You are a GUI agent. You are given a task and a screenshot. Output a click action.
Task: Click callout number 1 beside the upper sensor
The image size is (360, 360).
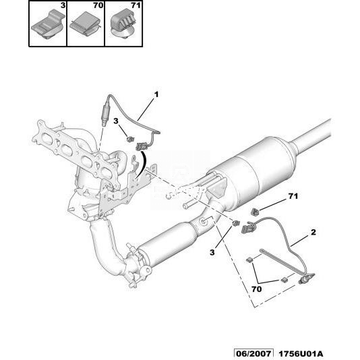click(x=156, y=94)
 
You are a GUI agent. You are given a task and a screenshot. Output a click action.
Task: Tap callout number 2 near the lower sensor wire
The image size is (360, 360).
click(x=313, y=233)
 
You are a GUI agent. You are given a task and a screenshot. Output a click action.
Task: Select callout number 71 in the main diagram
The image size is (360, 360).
click(x=293, y=196)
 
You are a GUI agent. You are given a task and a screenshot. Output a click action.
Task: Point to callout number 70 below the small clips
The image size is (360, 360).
click(x=256, y=289)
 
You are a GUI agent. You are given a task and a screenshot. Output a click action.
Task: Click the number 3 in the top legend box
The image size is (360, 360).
click(x=63, y=5)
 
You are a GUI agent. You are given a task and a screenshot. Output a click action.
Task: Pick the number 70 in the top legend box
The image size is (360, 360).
click(x=98, y=5)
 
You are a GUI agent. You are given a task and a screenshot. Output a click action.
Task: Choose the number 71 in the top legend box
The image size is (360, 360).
click(x=136, y=5)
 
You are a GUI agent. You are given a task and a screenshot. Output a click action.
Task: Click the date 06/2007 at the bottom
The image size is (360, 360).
click(x=253, y=353)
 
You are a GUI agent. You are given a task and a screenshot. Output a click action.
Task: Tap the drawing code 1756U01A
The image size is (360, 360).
click(x=301, y=353)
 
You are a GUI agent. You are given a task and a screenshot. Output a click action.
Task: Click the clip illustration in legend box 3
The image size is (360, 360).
click(x=48, y=25)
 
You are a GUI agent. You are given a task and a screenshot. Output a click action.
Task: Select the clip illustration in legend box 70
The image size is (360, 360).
click(x=85, y=24)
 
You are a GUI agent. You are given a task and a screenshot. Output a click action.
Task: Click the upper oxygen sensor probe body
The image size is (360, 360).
click(x=106, y=113)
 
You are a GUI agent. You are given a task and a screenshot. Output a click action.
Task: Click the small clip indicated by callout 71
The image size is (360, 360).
click(x=255, y=212)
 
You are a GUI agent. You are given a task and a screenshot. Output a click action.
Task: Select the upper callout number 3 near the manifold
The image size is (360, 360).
click(x=116, y=121)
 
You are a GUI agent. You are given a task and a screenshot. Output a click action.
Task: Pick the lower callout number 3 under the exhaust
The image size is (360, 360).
click(x=212, y=252)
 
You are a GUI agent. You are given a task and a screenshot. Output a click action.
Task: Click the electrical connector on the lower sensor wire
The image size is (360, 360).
click(x=247, y=228)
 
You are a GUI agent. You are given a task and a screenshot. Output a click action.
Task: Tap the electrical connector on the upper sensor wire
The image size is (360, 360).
click(x=142, y=146)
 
